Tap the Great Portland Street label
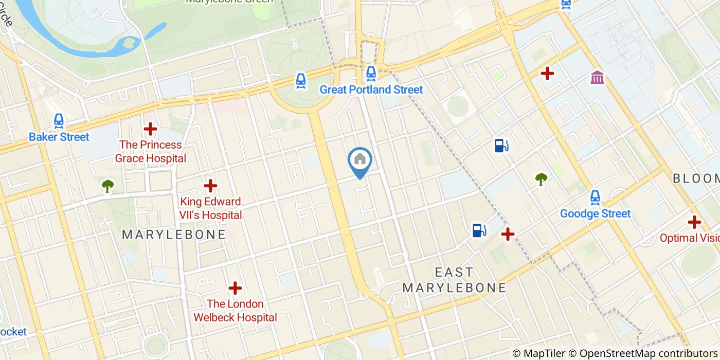[371, 89]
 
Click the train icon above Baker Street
[59, 121]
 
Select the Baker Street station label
[59, 137]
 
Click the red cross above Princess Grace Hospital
[150, 129]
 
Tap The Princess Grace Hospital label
[150, 152]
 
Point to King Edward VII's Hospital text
[210, 208]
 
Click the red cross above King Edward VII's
[210, 186]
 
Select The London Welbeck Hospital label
[235, 311]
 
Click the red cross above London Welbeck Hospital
[235, 288]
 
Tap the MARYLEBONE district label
[174, 235]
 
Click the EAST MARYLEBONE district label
[454, 280]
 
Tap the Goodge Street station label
[595, 213]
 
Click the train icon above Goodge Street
[595, 197]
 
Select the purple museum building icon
[597, 78]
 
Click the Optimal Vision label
[689, 238]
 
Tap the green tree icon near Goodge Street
[541, 179]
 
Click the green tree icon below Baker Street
[107, 185]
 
